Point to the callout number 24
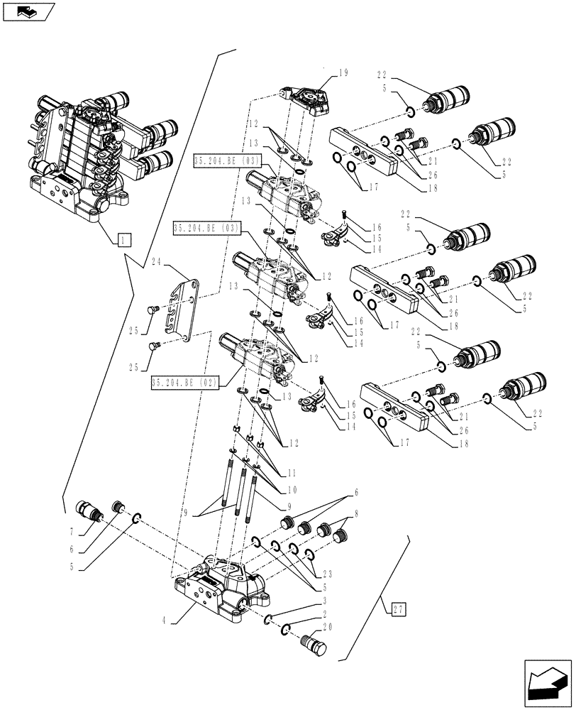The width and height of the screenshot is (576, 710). tap(158, 261)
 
